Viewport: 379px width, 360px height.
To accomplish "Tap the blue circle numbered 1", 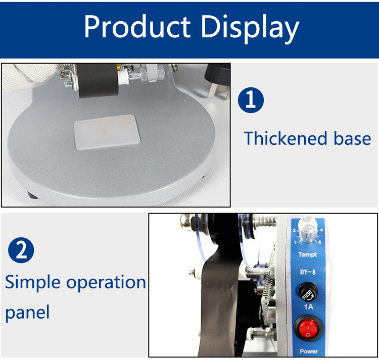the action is click(x=251, y=100).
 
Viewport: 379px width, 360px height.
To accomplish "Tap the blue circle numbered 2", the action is click(x=21, y=250).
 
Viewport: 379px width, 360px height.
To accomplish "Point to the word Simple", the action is click(x=33, y=283).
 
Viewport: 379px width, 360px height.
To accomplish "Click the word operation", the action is click(x=106, y=283).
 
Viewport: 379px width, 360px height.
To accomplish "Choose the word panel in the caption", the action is click(x=27, y=313).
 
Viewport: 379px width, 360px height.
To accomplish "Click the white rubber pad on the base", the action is click(x=107, y=132).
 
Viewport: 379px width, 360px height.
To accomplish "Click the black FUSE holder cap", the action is click(x=308, y=292).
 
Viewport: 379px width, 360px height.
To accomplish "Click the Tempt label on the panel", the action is click(x=307, y=254).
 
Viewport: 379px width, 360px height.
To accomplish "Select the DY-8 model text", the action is click(x=308, y=272).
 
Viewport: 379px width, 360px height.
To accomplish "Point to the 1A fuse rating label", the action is click(x=308, y=307).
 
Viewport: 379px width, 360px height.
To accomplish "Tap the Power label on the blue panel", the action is click(x=309, y=351).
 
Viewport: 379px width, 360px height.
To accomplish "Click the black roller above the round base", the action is click(x=99, y=81).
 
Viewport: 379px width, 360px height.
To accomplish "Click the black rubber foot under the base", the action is click(x=32, y=195).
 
